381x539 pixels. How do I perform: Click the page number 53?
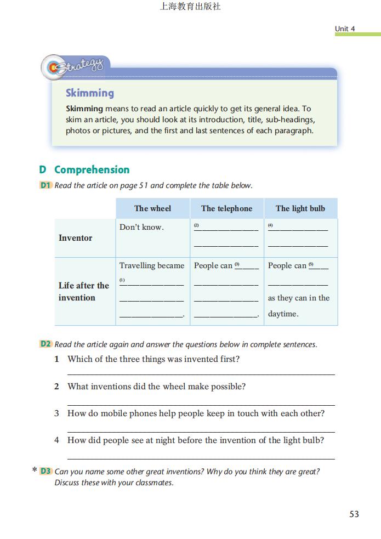354,514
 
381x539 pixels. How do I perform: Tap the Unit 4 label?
345,29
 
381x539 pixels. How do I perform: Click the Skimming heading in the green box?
90,93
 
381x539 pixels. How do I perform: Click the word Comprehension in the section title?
92,169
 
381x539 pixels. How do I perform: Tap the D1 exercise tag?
46,185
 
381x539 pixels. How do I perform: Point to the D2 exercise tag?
46,344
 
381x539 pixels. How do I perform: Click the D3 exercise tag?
46,471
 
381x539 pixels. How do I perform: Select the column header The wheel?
152,208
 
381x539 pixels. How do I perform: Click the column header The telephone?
226,208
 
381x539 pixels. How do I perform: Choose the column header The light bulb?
300,208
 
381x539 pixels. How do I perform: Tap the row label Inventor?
76,238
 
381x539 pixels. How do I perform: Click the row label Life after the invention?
83,292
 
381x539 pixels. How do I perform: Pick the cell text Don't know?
141,228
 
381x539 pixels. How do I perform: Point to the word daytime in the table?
283,314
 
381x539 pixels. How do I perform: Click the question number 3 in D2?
56,413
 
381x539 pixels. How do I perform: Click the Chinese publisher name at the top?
190,7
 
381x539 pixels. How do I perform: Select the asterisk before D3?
35,470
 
